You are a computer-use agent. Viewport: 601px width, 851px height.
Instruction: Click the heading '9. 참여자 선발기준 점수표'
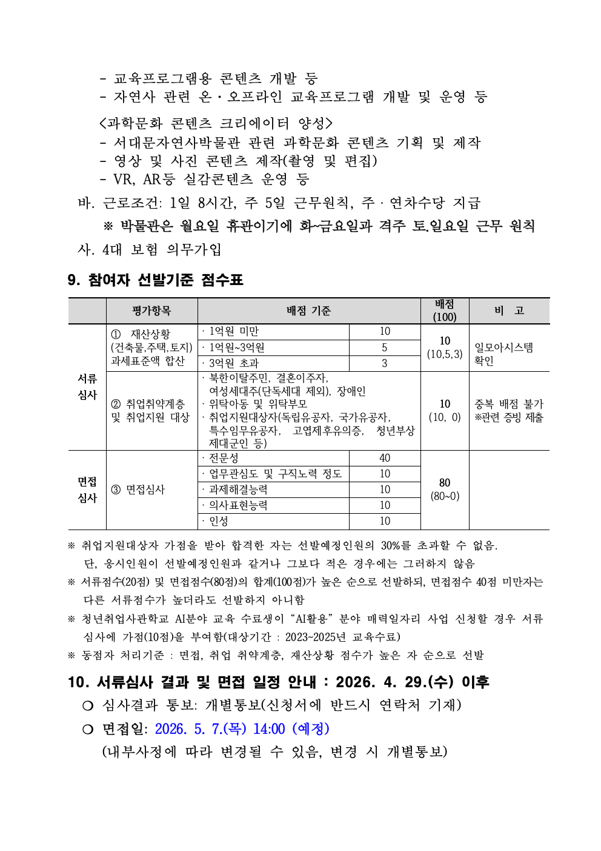point(155,280)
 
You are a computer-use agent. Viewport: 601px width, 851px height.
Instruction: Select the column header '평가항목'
point(151,311)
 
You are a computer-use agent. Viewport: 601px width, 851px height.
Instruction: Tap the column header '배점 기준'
point(308,311)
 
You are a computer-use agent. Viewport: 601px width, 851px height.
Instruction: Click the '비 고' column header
point(509,311)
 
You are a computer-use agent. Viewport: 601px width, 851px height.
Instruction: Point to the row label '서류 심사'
point(87,387)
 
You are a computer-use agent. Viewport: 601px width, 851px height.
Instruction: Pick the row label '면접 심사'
point(87,490)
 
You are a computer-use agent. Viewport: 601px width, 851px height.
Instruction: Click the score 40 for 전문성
point(385,459)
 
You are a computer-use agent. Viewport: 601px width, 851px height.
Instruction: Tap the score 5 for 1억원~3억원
point(385,348)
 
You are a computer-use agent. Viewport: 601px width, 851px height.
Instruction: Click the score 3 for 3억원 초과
point(385,363)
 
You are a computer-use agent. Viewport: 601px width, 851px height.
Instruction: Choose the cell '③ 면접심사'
point(138,490)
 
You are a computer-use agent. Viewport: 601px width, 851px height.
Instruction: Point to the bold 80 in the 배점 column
point(445,483)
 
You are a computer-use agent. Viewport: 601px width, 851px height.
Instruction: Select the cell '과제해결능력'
point(238,490)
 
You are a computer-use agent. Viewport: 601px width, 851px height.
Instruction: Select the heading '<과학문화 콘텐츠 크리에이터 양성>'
point(216,124)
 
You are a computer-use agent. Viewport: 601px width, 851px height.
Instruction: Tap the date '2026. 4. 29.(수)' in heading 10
point(394,682)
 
